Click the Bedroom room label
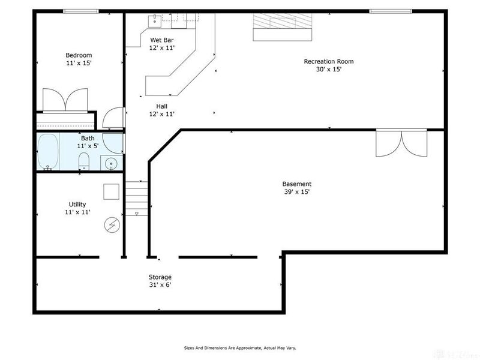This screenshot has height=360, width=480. click(79, 55)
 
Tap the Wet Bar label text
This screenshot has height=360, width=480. click(162, 40)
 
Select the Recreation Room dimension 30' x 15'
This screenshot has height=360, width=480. click(328, 69)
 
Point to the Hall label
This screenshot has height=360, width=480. click(161, 106)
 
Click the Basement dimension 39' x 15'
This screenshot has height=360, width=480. click(296, 192)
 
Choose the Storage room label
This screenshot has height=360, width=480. click(160, 277)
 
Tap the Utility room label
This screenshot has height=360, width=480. click(77, 204)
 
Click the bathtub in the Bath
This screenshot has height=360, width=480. click(48, 152)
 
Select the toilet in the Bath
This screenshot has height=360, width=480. click(83, 161)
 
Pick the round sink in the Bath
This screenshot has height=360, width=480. click(112, 164)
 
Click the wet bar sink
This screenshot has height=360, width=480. click(155, 22)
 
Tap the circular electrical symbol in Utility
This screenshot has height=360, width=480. click(112, 226)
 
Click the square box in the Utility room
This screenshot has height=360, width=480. click(111, 191)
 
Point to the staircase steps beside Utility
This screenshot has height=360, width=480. click(137, 199)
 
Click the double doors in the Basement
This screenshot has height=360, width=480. click(401, 143)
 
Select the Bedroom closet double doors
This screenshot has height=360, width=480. click(65, 100)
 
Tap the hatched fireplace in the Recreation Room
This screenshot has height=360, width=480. click(282, 27)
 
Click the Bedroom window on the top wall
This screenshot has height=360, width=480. click(81, 11)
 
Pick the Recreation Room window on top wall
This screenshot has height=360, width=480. click(391, 11)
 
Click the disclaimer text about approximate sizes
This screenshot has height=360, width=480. click(240, 348)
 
